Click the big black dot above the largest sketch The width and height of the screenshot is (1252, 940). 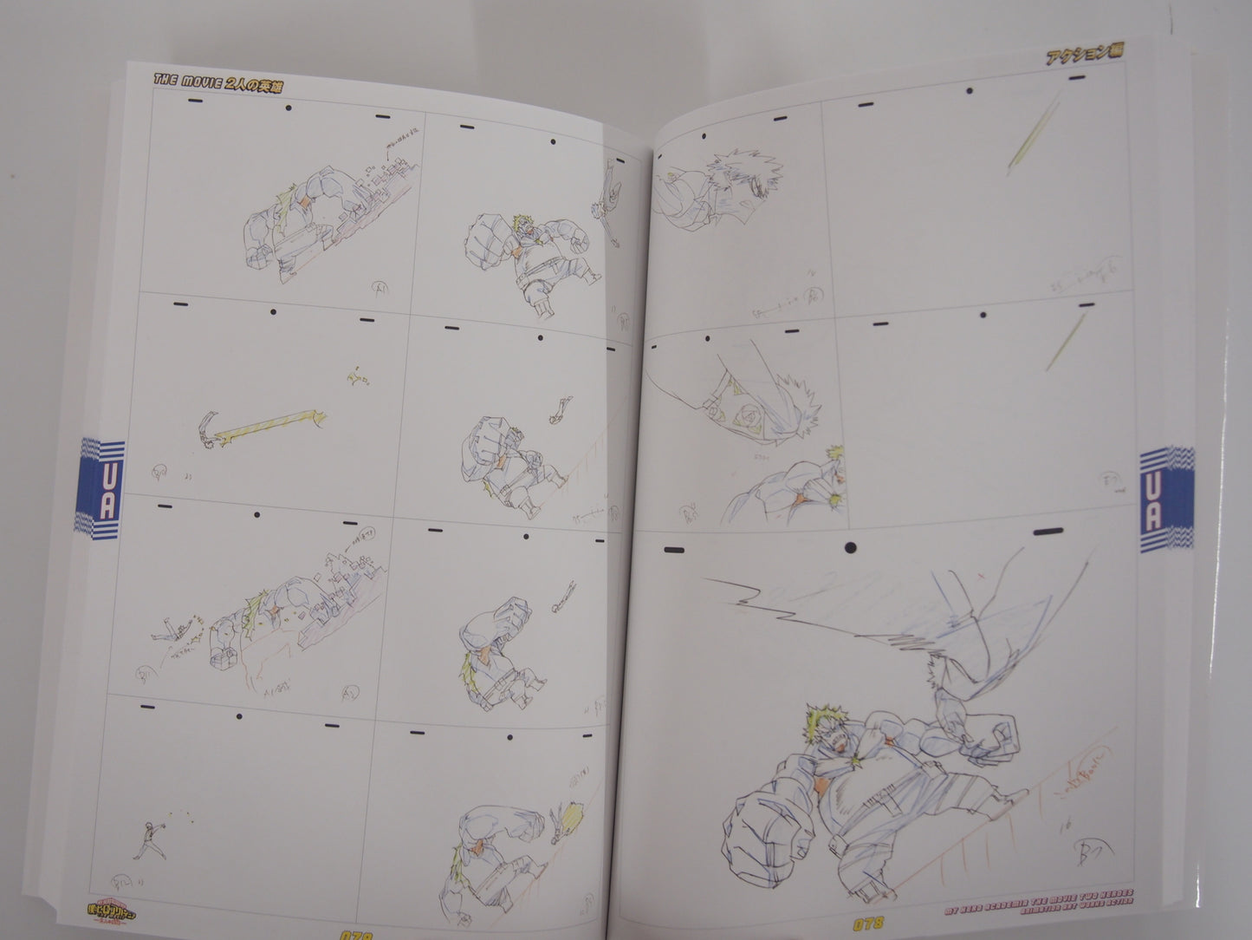tap(851, 547)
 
